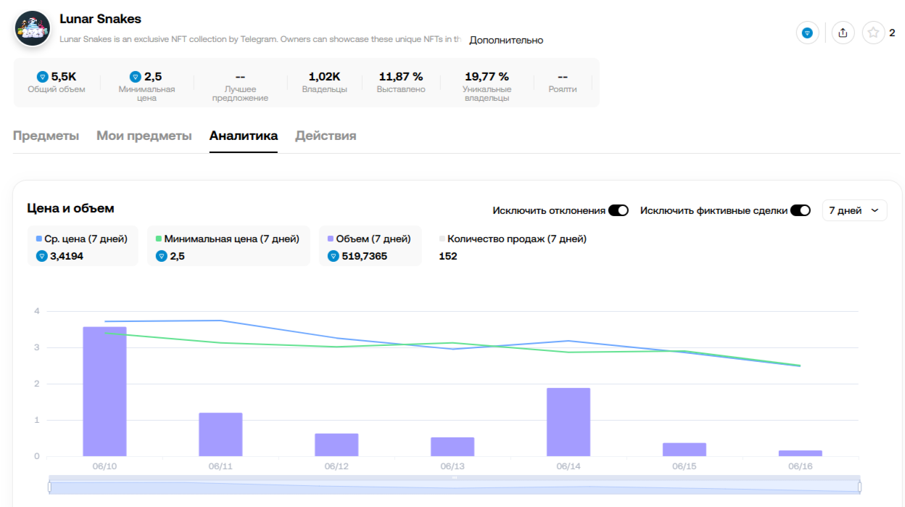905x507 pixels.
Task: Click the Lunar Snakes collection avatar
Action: pyautogui.click(x=33, y=29)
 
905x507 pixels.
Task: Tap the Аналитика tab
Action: pyautogui.click(x=243, y=136)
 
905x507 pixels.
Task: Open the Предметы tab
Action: pyautogui.click(x=46, y=136)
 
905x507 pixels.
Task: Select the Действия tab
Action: pyautogui.click(x=326, y=136)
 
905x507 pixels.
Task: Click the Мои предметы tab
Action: pyautogui.click(x=144, y=136)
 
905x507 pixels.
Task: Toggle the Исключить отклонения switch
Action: pyautogui.click(x=618, y=210)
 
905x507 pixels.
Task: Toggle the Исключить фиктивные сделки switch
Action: pyautogui.click(x=800, y=210)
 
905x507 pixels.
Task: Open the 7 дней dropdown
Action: pyautogui.click(x=855, y=210)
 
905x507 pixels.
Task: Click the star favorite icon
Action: pyautogui.click(x=873, y=33)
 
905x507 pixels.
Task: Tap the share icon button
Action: pyautogui.click(x=843, y=33)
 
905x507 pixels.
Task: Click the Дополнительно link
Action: pyautogui.click(x=506, y=40)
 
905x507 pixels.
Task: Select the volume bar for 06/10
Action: pyautogui.click(x=104, y=392)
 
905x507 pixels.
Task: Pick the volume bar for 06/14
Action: pyautogui.click(x=568, y=422)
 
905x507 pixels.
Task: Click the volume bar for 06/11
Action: pyautogui.click(x=220, y=434)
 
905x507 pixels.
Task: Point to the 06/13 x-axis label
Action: pyautogui.click(x=452, y=466)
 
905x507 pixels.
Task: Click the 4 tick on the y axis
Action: pyautogui.click(x=36, y=311)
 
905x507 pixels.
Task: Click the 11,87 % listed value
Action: pyautogui.click(x=401, y=76)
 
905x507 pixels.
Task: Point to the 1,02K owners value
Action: pyautogui.click(x=324, y=76)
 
